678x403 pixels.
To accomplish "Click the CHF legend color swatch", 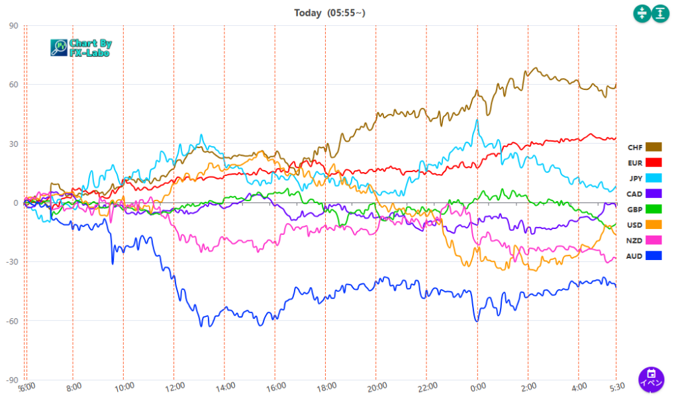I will (654, 147).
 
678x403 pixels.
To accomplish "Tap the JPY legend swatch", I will (654, 178).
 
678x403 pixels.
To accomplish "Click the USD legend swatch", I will (654, 224).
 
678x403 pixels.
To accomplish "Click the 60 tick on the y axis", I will (13, 85).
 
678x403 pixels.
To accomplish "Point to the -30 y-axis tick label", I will (12, 262).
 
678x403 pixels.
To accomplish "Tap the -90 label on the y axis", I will (12, 380).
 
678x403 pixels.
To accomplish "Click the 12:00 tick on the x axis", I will (174, 387).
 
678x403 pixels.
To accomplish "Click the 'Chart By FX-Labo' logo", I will (81, 47).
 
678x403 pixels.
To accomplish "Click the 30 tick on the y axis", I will (13, 144).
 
